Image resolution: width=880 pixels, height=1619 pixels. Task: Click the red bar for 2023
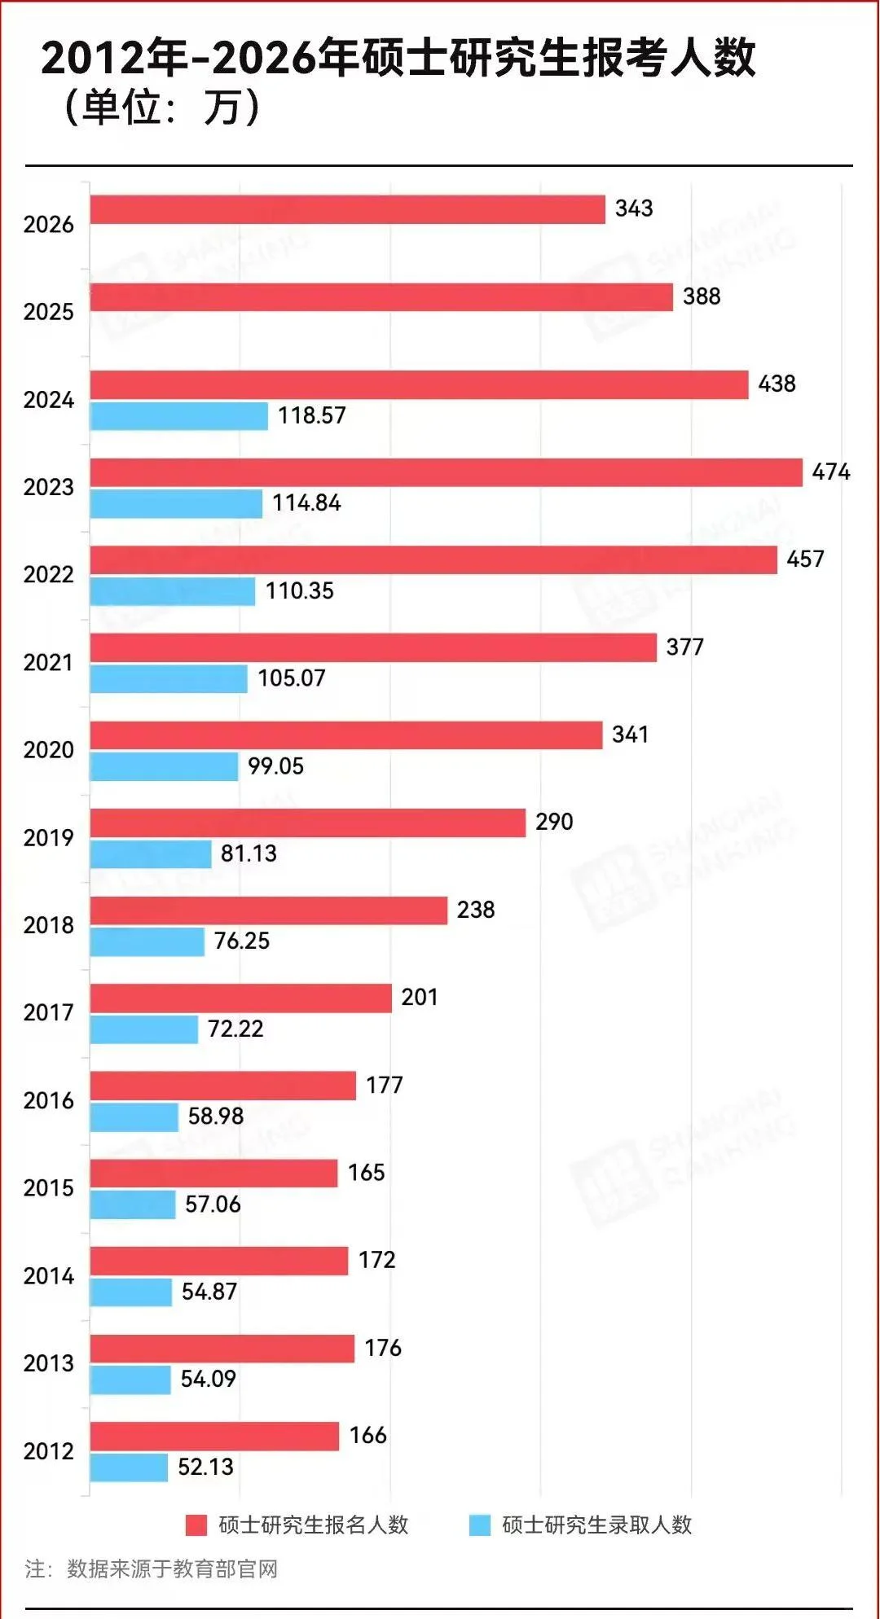[x=446, y=472]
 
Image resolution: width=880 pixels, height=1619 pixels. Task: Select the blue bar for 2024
[x=178, y=416]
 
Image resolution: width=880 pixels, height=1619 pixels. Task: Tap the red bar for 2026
[x=347, y=209]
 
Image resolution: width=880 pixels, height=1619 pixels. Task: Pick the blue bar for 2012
[x=129, y=1468]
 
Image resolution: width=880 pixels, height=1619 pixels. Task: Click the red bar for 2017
[x=240, y=998]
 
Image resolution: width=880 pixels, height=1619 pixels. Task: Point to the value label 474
[x=830, y=472]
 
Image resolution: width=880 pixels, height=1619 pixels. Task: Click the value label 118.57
[x=311, y=415]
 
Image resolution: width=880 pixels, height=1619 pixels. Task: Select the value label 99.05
[x=275, y=766]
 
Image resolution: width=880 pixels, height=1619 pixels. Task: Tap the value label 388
[x=701, y=296]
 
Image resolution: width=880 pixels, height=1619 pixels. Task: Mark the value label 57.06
[x=213, y=1204]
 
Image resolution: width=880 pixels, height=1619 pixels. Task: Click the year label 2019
[x=48, y=838]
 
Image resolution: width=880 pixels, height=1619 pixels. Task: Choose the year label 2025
[x=48, y=312]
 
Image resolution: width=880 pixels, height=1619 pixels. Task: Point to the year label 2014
[x=48, y=1276]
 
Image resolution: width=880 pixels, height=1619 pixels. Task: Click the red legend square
[x=196, y=1525]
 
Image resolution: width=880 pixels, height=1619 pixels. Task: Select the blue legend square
[x=480, y=1525]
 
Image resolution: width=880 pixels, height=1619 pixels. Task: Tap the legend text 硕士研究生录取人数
[x=596, y=1525]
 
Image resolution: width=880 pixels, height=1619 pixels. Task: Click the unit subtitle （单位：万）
[x=161, y=107]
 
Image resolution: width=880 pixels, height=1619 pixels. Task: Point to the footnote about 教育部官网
[x=152, y=1569]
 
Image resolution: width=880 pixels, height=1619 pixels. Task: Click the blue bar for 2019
[x=151, y=854]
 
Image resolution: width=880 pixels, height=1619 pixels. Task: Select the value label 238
[x=475, y=910]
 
